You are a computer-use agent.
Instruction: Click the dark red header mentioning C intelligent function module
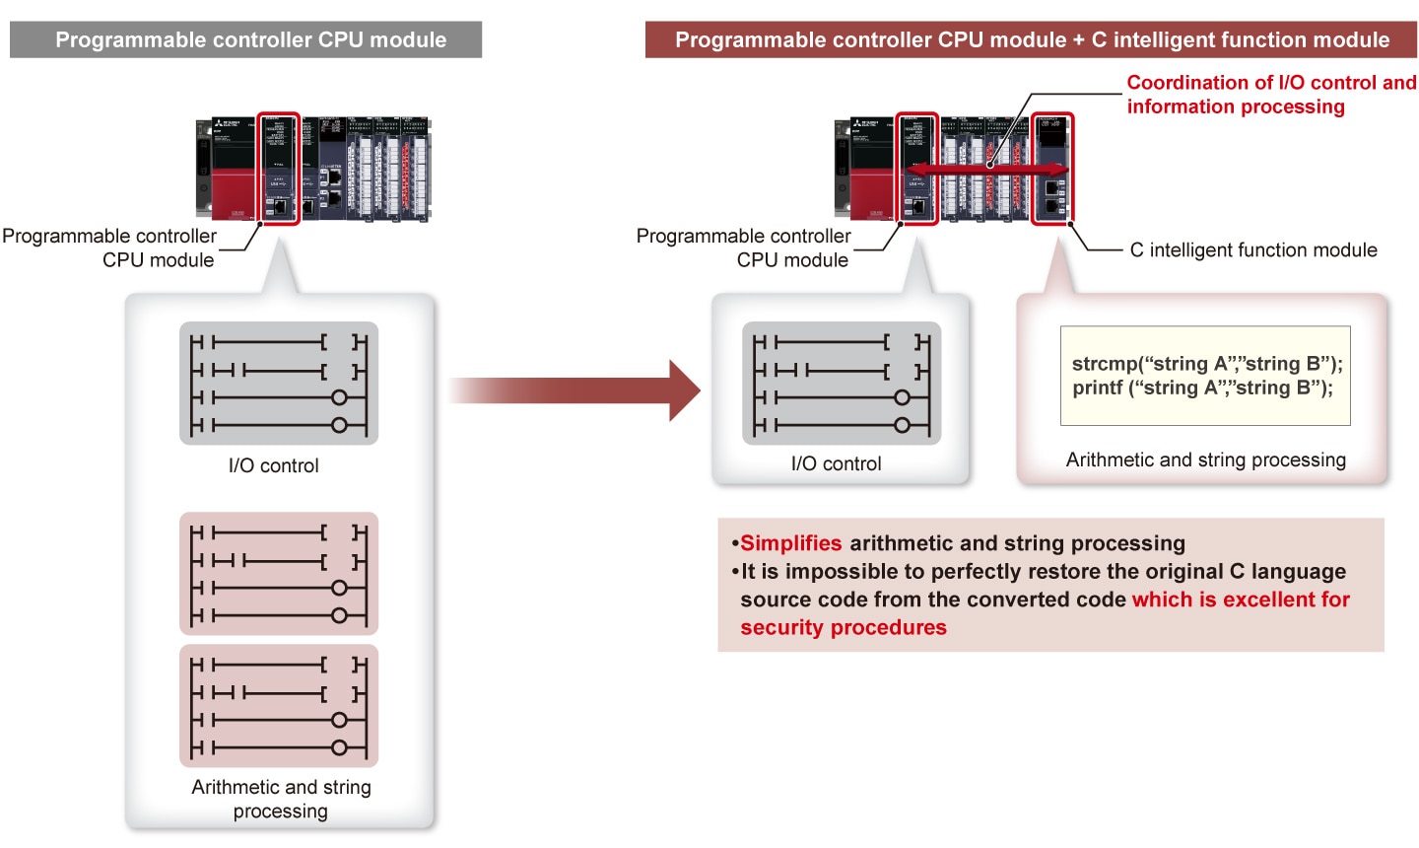click(1031, 40)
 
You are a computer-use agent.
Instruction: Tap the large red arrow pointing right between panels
click(576, 390)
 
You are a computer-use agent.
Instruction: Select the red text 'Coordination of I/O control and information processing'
click(1270, 95)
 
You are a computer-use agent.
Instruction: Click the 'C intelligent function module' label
click(1252, 250)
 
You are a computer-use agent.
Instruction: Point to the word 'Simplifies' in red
click(790, 543)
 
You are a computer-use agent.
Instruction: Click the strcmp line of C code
click(1206, 364)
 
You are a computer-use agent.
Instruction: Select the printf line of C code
click(1202, 388)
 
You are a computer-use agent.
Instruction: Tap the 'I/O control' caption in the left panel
click(274, 465)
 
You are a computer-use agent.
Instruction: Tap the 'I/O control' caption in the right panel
click(836, 463)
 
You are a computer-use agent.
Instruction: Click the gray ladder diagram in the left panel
click(279, 384)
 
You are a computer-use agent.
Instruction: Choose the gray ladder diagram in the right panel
click(842, 384)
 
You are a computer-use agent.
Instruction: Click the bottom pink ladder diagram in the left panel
click(279, 706)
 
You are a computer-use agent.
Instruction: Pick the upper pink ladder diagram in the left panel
click(279, 574)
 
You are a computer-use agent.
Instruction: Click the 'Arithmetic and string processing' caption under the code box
click(1205, 459)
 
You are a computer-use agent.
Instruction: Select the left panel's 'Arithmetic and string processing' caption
click(281, 799)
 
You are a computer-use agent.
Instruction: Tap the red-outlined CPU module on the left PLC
click(278, 168)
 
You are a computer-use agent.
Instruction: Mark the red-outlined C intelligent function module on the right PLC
click(1052, 168)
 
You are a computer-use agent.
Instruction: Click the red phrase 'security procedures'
click(844, 628)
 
